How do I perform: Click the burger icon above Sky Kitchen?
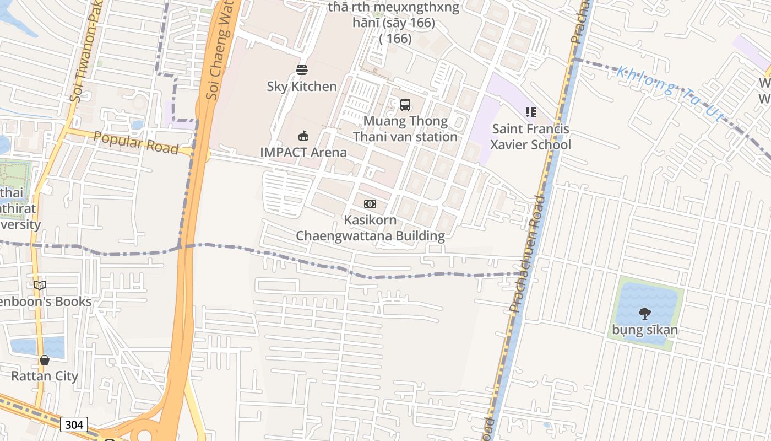[x=301, y=70]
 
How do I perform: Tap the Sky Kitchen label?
[x=302, y=87]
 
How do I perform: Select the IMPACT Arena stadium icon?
[x=303, y=136]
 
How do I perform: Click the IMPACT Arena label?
[x=303, y=152]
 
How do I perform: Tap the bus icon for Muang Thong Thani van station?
[x=405, y=104]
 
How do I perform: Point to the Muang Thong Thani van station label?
[x=405, y=128]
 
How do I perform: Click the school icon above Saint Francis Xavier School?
[x=531, y=112]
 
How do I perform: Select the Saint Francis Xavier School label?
[x=531, y=137]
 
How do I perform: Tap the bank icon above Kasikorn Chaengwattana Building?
[x=370, y=204]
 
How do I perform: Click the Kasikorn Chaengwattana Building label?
[x=370, y=228]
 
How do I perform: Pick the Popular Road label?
[x=136, y=142]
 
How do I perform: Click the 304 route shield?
[x=74, y=424]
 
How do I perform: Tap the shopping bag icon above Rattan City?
[x=45, y=360]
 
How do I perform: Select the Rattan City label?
[x=45, y=377]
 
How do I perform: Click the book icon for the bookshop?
[x=40, y=285]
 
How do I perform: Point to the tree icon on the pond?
[x=645, y=314]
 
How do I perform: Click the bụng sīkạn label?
[x=645, y=330]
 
